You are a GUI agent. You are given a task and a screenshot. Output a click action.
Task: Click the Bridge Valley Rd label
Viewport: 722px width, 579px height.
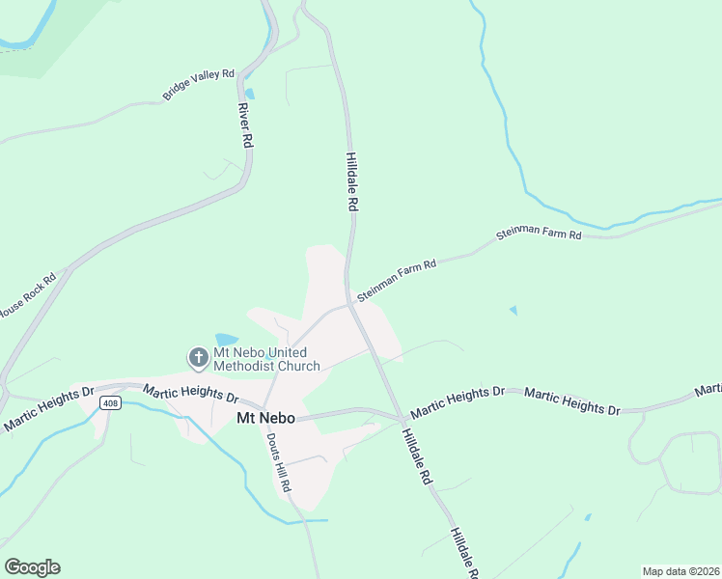(198, 85)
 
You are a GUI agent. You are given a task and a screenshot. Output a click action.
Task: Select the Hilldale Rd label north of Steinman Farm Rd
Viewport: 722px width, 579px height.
(352, 181)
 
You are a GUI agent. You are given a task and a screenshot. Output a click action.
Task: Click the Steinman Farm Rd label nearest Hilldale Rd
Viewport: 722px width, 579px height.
(397, 278)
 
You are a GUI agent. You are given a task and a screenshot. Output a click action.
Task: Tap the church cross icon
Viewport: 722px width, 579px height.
(198, 359)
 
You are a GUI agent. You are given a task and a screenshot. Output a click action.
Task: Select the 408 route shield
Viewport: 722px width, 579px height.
(111, 403)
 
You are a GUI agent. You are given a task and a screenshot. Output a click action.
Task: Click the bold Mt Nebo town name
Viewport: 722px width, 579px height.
(265, 418)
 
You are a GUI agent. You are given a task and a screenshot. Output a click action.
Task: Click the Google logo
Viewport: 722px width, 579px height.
(32, 567)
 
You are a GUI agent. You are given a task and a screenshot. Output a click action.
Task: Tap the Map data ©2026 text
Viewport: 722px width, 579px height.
(680, 571)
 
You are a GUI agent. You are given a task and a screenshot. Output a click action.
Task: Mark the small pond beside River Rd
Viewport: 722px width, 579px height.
(250, 95)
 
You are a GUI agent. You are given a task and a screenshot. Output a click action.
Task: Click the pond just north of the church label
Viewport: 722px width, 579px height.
(226, 340)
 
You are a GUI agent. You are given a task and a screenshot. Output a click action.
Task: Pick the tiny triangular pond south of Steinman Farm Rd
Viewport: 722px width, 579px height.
(513, 311)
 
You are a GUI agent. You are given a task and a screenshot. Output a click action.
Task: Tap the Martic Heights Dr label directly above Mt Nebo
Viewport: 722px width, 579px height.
(191, 393)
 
